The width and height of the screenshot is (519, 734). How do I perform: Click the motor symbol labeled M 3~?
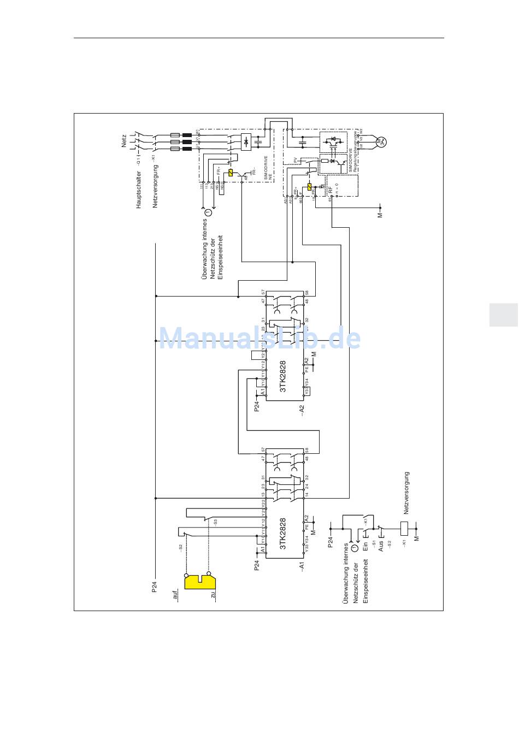pos(381,142)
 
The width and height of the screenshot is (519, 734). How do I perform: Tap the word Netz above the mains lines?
pos(123,141)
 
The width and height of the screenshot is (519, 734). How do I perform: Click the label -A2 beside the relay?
pos(302,411)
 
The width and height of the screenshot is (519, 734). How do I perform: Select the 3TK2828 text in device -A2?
pos(283,376)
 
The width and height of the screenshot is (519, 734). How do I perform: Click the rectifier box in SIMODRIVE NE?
pos(246,141)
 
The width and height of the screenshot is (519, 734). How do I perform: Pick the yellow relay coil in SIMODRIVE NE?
pos(231,173)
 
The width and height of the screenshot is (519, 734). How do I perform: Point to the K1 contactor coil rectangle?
pos(405,528)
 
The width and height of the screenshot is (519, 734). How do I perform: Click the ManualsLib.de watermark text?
pos(259,339)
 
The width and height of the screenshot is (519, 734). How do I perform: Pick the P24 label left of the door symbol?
pos(155,587)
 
